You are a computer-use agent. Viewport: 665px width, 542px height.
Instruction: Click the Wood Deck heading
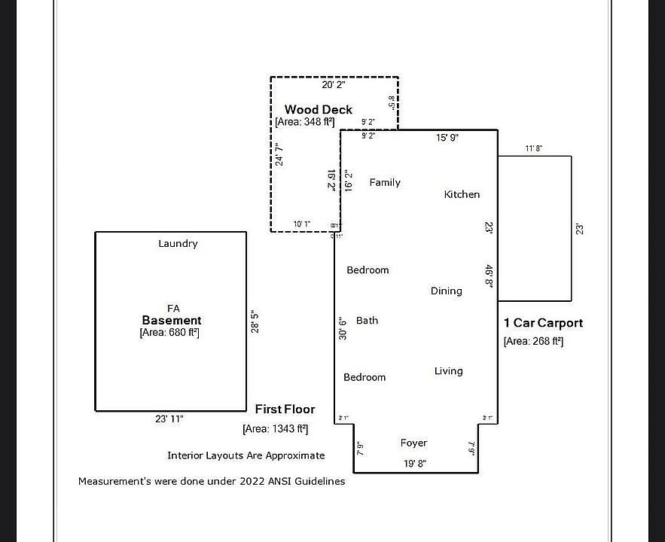coord(318,110)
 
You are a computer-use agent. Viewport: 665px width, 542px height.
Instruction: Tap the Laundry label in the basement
coord(178,244)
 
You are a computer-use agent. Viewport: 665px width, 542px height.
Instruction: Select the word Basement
coord(172,320)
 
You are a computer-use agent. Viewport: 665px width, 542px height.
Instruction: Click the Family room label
coord(385,183)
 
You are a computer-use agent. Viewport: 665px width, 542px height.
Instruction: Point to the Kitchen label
coord(462,194)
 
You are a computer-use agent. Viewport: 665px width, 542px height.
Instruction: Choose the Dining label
coord(447,291)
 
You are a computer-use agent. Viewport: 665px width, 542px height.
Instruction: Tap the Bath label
coord(367,321)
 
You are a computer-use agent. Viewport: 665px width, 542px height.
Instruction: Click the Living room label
coord(448,371)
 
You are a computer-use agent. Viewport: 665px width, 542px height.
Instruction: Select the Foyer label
coord(413,443)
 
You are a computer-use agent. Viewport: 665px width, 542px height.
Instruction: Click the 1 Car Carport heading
coord(543,323)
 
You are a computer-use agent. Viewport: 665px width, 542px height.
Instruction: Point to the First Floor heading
coord(285,410)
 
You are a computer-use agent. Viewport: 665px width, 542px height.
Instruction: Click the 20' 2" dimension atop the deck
coord(334,85)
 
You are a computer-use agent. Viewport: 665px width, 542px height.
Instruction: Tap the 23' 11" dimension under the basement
coord(169,419)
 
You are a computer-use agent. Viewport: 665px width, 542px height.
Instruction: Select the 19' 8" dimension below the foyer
coord(415,464)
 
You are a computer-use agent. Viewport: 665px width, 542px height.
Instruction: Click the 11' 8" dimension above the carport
coord(533,149)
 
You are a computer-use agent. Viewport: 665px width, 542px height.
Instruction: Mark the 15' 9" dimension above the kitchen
coord(447,138)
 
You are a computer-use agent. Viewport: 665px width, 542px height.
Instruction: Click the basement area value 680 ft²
coord(169,333)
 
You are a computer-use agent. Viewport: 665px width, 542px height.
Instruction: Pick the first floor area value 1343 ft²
coord(275,429)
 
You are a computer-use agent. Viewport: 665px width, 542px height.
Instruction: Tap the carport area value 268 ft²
coord(533,342)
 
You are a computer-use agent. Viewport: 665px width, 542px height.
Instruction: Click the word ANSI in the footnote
coord(270,481)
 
